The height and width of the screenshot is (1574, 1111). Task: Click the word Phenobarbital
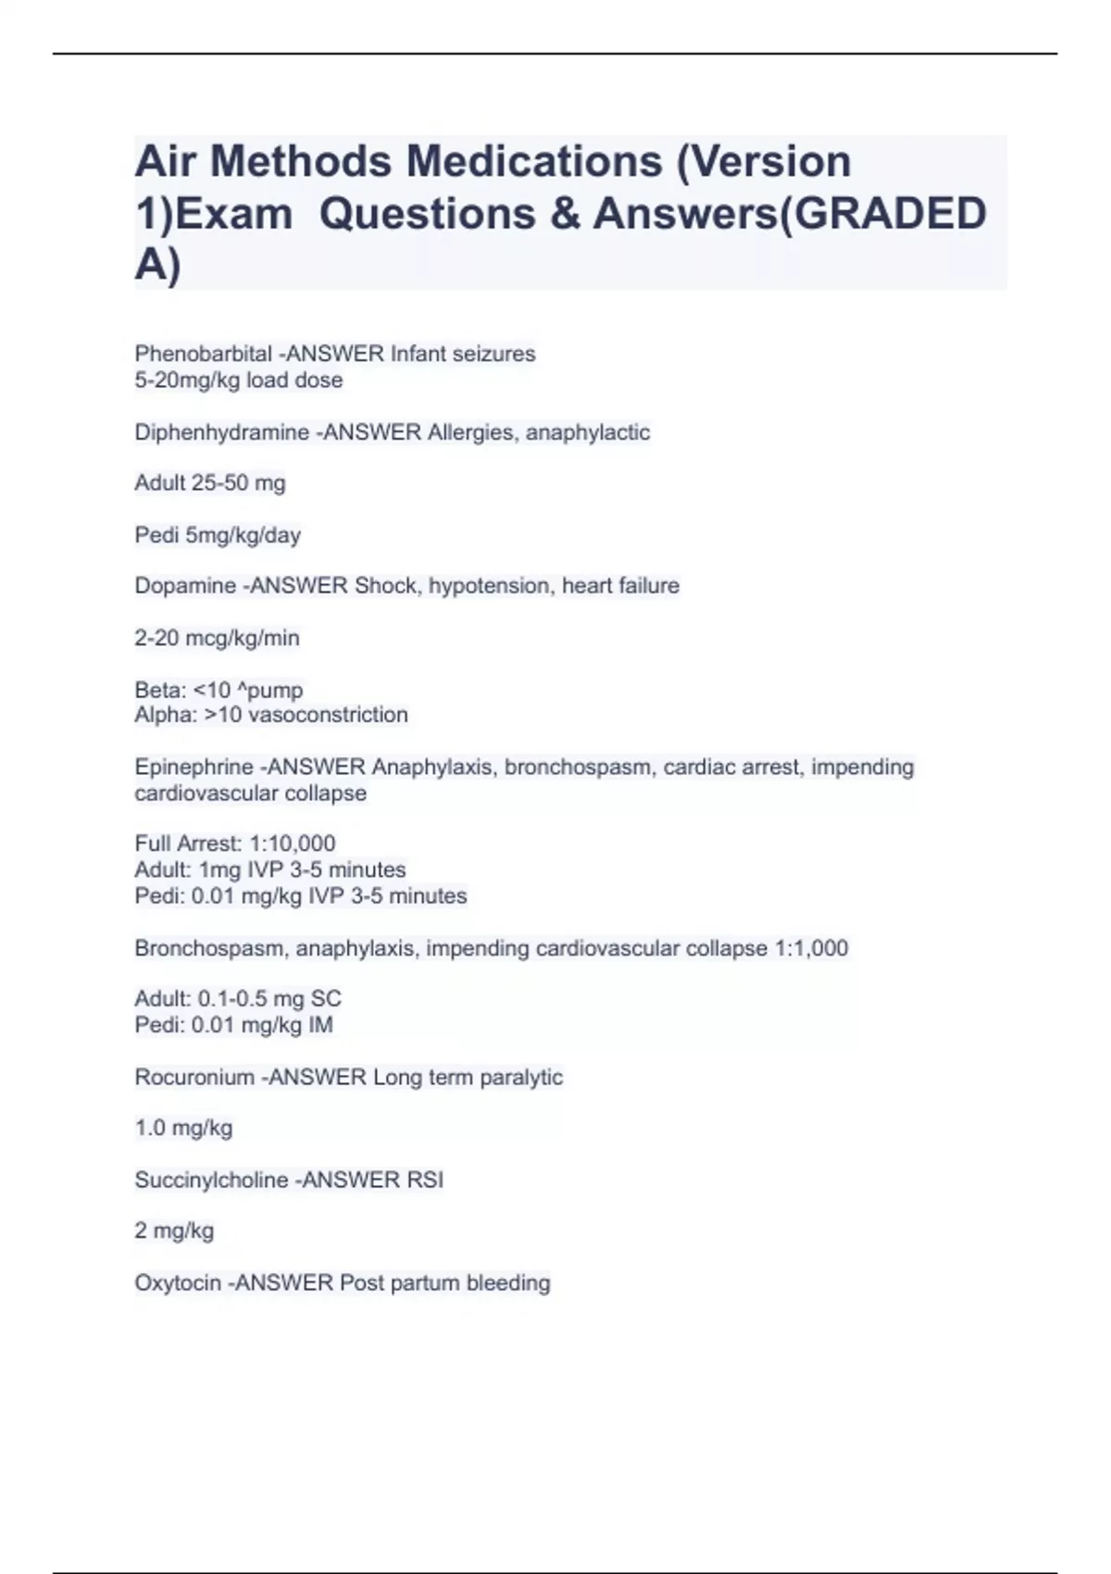pos(203,354)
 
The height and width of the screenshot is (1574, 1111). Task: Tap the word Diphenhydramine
pos(221,432)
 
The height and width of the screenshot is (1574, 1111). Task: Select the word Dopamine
pos(185,585)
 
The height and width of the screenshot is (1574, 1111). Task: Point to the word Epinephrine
pos(193,767)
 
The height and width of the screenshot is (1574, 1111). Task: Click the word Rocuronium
pos(193,1077)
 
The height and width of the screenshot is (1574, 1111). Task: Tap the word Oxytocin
pos(178,1282)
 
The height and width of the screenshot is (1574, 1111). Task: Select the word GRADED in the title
pos(891,214)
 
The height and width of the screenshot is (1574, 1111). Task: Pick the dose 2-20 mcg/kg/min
pos(217,638)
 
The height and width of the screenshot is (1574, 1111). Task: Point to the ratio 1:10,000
pos(293,843)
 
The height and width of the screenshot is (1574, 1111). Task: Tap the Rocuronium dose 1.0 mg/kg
pos(183,1128)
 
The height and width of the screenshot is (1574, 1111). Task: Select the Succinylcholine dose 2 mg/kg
pos(174,1230)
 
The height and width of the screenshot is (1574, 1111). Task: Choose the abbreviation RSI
pos(424,1180)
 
